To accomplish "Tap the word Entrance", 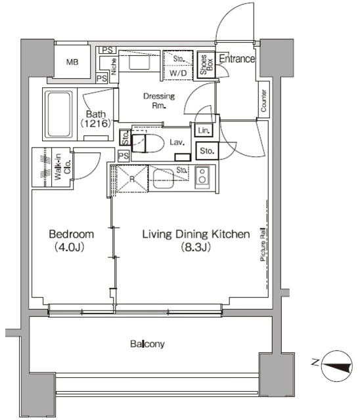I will [x=236, y=59].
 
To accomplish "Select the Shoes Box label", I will [x=207, y=64].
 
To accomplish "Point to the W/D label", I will [x=177, y=73].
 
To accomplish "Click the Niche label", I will [x=114, y=66].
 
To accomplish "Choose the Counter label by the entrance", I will [x=263, y=102].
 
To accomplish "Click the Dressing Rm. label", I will [x=159, y=100].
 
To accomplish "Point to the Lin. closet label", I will [x=203, y=131].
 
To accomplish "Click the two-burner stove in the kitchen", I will [x=202, y=176].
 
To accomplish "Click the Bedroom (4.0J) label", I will [x=72, y=241].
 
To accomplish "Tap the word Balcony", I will [x=146, y=344].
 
